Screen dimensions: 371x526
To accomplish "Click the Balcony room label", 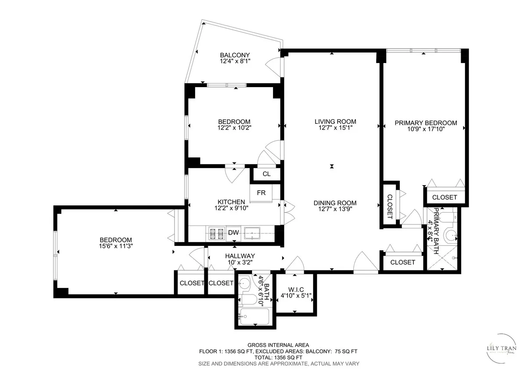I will point(235,55).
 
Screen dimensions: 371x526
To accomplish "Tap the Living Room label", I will point(335,121).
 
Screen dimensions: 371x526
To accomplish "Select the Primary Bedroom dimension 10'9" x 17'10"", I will point(426,129).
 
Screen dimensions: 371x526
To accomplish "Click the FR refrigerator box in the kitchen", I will point(261,192).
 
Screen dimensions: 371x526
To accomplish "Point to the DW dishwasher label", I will point(233,233).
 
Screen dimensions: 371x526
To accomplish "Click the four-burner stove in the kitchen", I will point(216,233).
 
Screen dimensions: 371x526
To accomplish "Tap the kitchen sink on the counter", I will point(252,232).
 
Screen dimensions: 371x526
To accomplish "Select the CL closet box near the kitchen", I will point(266,174).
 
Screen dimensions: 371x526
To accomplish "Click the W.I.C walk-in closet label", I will point(296,289).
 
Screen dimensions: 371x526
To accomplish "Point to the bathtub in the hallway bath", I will point(254,316).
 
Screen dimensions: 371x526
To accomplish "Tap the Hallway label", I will point(240,256).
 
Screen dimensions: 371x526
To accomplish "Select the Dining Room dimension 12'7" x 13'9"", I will point(335,209).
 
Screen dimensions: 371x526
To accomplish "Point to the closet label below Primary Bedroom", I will point(444,197).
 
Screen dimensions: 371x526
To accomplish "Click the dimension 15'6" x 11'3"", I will point(116,246).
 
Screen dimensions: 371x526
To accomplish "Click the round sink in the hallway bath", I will point(245,283).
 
